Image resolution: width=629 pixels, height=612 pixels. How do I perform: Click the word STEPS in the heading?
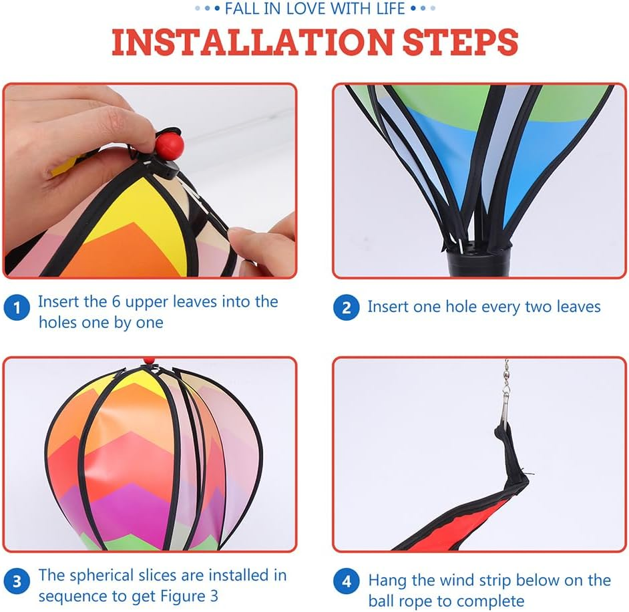coord(460,42)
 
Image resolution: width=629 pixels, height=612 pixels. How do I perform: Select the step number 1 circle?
coord(17,309)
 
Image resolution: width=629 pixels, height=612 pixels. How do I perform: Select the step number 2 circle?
coord(346,308)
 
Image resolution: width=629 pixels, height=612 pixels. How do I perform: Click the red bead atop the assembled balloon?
coord(148,361)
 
